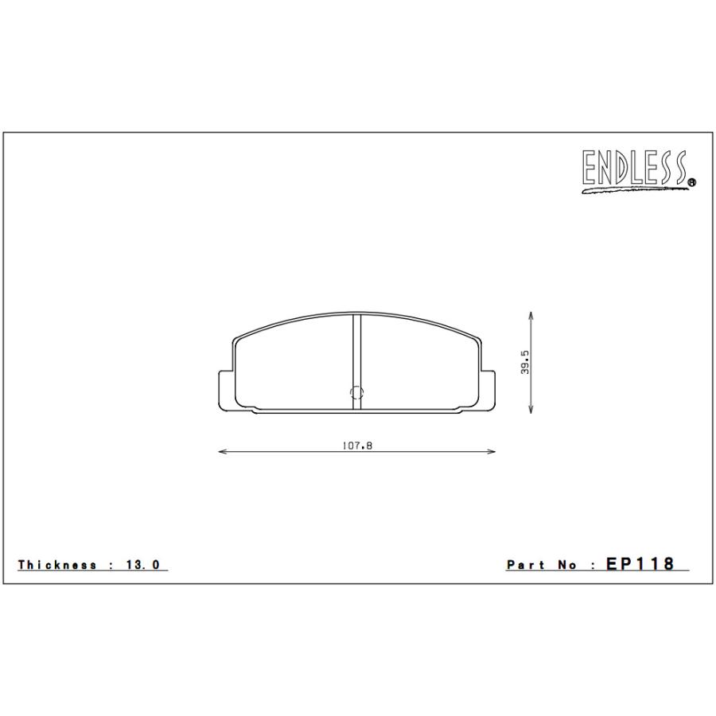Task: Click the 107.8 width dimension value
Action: point(357,446)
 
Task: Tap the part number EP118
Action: point(640,564)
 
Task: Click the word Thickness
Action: point(57,565)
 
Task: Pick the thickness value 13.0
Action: point(144,565)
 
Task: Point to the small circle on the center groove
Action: point(356,392)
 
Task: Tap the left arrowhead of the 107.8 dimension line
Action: point(222,452)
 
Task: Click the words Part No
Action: point(540,565)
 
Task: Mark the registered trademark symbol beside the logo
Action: point(691,182)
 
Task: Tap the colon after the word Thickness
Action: point(115,565)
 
